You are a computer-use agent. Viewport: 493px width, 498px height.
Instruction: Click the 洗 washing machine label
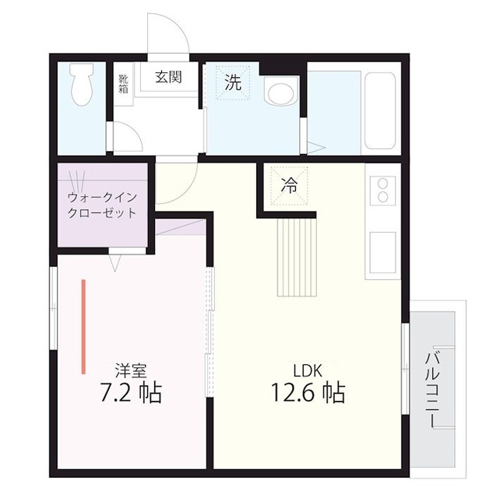tap(233, 83)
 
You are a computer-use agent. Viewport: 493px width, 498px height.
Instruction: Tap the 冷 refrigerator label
tap(289, 186)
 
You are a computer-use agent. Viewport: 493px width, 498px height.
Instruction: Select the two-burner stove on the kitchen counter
tap(382, 193)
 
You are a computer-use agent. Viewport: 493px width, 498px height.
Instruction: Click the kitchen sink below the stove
tap(382, 250)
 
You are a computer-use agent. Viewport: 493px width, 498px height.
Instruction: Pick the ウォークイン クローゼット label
tap(101, 205)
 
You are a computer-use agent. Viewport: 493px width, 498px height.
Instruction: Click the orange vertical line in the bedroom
tap(83, 326)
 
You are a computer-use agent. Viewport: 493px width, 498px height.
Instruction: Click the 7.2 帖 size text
tap(131, 393)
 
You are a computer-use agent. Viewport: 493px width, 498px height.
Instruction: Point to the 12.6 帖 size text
tap(308, 393)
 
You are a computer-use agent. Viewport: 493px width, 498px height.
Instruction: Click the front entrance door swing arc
tap(168, 36)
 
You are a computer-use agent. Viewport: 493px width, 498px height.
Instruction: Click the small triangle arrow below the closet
tap(114, 265)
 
